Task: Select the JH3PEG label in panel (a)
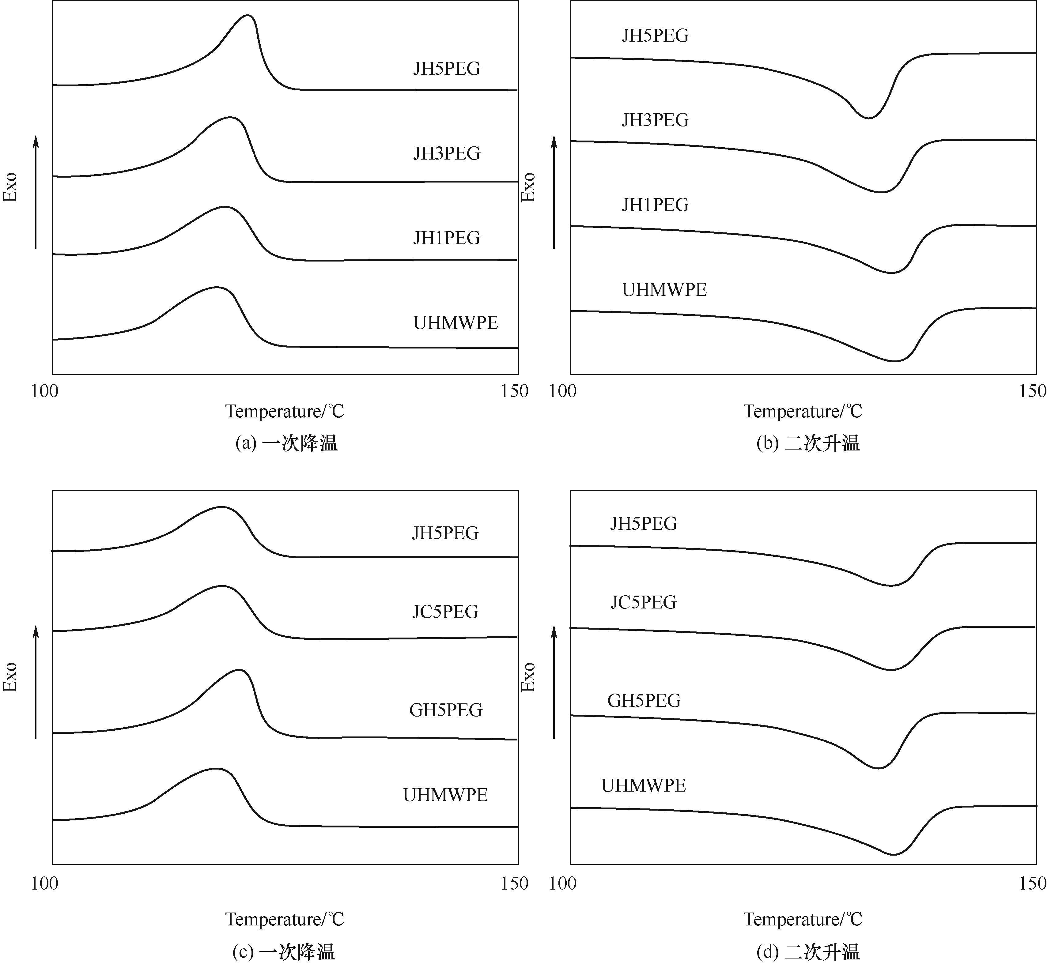click(x=447, y=153)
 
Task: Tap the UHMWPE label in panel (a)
click(x=455, y=323)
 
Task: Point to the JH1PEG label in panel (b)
click(x=655, y=205)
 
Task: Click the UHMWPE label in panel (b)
click(x=664, y=289)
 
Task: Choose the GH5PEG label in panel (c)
click(x=445, y=710)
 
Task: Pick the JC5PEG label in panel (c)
click(x=445, y=611)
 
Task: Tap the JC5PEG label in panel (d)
click(x=643, y=603)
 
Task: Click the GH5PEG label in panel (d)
click(x=644, y=701)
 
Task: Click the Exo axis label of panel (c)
click(x=10, y=678)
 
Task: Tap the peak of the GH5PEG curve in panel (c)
click(x=240, y=670)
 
